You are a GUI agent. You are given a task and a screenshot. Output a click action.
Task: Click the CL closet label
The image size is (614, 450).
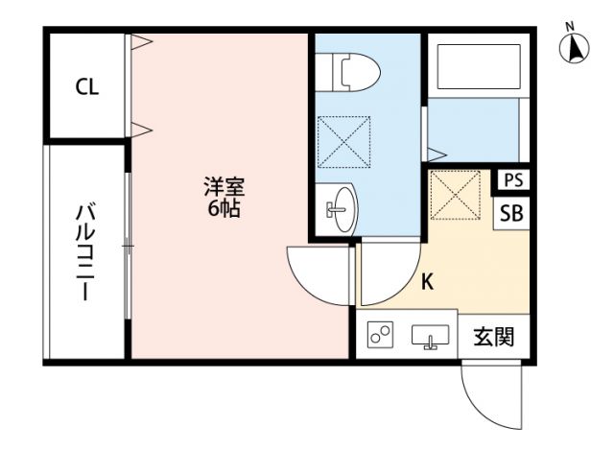tap(86, 87)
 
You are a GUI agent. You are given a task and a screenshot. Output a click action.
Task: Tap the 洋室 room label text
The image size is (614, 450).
tap(224, 185)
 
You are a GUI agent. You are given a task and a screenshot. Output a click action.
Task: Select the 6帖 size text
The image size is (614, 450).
tap(224, 208)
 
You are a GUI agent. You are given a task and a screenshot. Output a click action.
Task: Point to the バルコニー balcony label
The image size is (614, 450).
tap(85, 251)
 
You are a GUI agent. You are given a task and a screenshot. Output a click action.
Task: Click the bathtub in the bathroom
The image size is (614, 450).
tap(477, 68)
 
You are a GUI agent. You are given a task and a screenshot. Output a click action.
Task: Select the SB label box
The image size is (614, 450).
tap(511, 213)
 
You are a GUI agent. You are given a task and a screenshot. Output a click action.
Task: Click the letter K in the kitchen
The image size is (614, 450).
tap(428, 282)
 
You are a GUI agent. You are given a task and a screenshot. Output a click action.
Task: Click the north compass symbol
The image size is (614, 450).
tap(574, 48)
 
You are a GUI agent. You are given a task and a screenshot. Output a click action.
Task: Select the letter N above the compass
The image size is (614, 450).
tap(570, 25)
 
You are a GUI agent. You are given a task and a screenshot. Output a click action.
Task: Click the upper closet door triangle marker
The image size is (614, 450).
tap(141, 41)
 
